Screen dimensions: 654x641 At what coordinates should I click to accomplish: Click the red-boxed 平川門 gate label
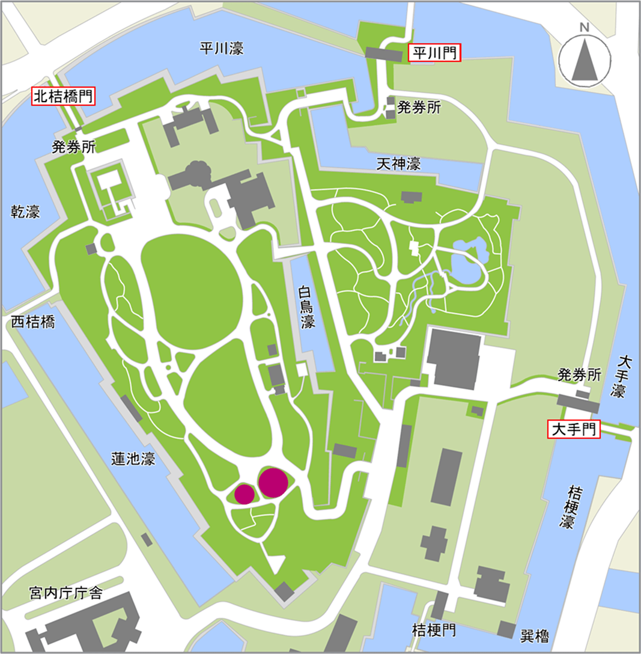coord(434,53)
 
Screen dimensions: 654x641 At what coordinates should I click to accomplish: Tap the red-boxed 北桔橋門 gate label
coord(64,96)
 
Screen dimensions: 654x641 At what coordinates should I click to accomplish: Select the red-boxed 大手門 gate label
coord(573,429)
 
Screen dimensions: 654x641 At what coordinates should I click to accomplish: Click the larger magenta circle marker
coord(273,482)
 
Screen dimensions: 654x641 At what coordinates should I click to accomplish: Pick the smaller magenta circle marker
coord(245,494)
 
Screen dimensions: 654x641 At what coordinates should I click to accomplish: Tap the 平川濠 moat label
coord(222,49)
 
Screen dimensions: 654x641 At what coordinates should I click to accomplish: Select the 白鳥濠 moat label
coord(308,308)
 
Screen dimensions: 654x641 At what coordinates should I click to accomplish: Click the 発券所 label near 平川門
coord(419,108)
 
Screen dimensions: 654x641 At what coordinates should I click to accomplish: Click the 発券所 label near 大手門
coord(579,375)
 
